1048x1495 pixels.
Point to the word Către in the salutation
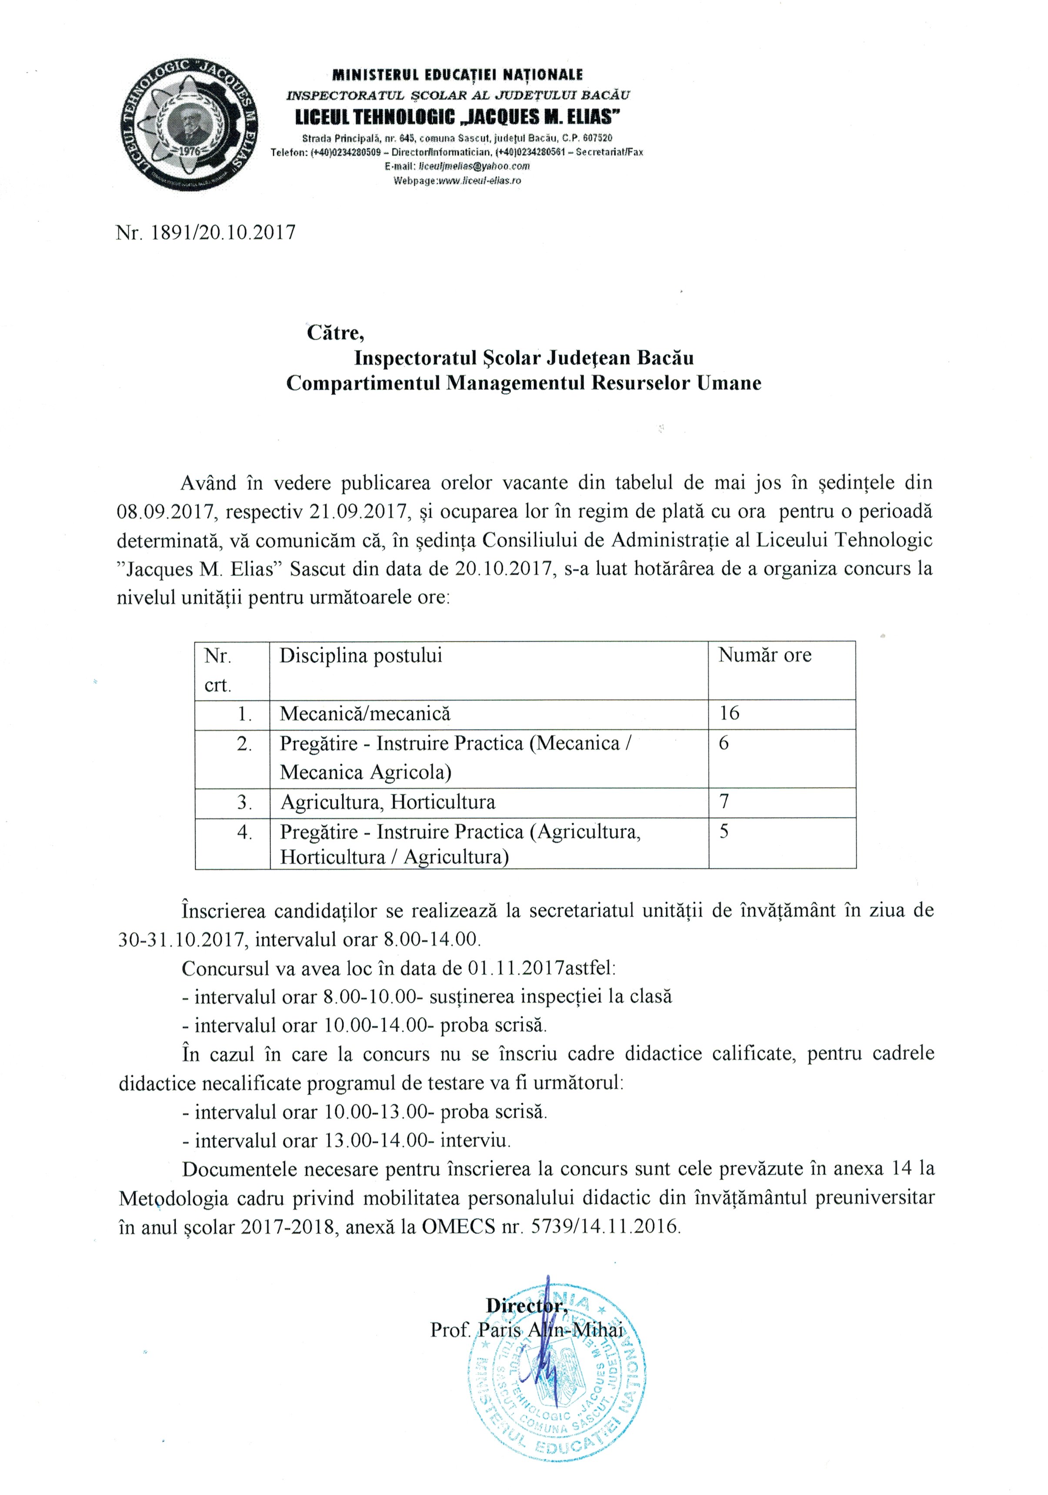(335, 333)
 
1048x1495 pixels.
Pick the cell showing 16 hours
(729, 713)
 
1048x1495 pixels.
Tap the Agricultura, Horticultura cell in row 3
(387, 802)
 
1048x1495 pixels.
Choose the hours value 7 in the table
(724, 801)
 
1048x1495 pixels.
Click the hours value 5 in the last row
(724, 831)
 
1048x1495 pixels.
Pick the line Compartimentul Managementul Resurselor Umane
(524, 383)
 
